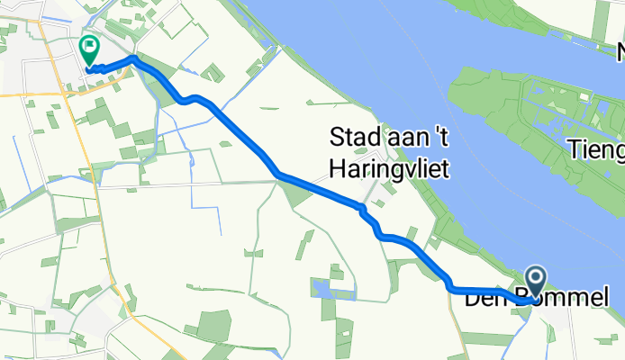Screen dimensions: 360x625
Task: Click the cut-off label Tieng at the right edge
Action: [596, 148]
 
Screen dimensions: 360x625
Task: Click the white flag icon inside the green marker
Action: [90, 47]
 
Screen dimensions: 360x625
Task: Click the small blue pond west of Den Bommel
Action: [321, 289]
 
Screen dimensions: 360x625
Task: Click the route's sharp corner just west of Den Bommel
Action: [450, 288]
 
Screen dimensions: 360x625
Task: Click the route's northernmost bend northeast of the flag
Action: [134, 58]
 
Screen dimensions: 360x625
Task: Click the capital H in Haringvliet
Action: [338, 167]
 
